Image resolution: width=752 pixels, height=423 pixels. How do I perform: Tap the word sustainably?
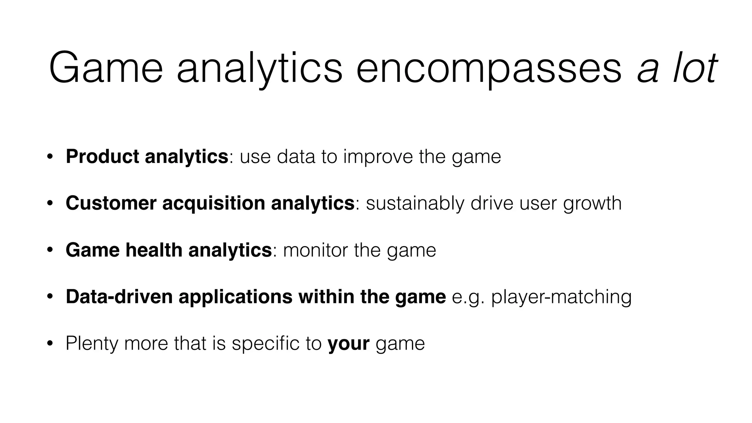[415, 204]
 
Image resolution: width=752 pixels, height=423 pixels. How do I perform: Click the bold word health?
[154, 250]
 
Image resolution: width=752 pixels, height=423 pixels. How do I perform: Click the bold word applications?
[235, 297]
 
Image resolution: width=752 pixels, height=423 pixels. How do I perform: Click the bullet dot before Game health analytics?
[50, 250]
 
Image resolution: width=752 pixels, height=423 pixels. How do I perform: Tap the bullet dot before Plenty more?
[50, 344]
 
